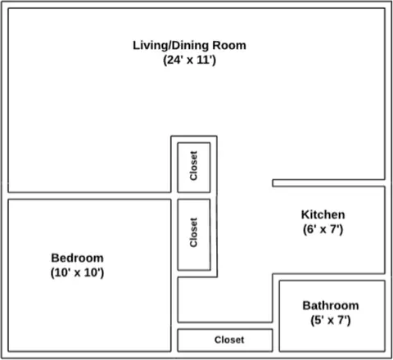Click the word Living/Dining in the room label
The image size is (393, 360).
tap(170, 46)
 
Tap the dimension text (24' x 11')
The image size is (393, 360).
tap(189, 60)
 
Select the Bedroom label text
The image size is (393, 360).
tap(77, 258)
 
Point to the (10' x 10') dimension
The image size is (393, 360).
tap(77, 272)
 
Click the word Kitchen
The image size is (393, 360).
tap(323, 214)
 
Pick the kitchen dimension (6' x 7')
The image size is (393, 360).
tap(323, 229)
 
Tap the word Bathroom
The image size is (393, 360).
tap(331, 305)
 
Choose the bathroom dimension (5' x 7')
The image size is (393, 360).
tap(331, 320)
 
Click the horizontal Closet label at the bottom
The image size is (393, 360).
tap(229, 340)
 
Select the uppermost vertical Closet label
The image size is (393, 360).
tap(193, 166)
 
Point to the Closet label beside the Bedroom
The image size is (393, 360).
tap(193, 232)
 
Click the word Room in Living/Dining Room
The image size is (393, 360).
tap(229, 45)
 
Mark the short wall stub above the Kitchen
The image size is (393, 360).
tap(328, 183)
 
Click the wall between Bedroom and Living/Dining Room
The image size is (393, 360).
tap(89, 196)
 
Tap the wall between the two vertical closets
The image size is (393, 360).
tap(194, 196)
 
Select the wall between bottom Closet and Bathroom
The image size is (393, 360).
tap(276, 340)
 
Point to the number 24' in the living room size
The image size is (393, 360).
tap(174, 60)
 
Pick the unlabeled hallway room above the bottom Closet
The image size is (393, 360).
tap(225, 299)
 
